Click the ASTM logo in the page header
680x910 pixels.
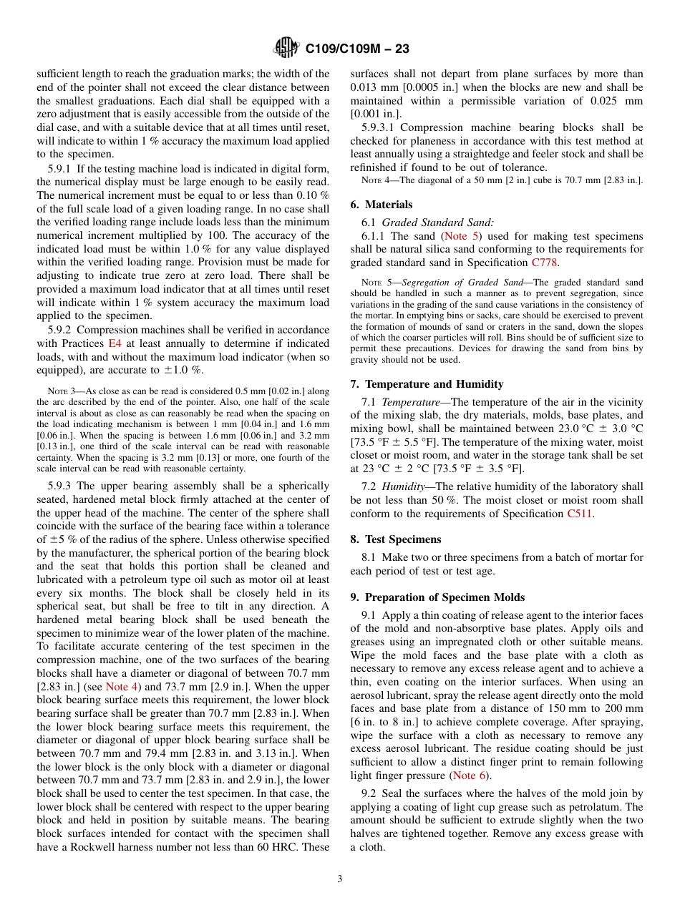(x=286, y=49)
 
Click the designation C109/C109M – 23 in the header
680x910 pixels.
(x=357, y=49)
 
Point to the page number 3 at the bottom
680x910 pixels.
(x=339, y=879)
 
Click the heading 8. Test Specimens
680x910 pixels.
(x=396, y=539)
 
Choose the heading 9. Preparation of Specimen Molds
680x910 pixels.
(x=437, y=597)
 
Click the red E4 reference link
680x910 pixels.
(x=115, y=343)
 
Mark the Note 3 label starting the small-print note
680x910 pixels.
(x=58, y=391)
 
